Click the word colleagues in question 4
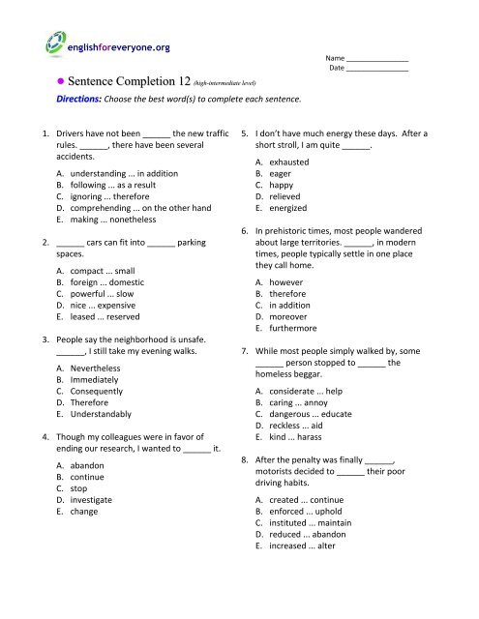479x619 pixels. [122, 435]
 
